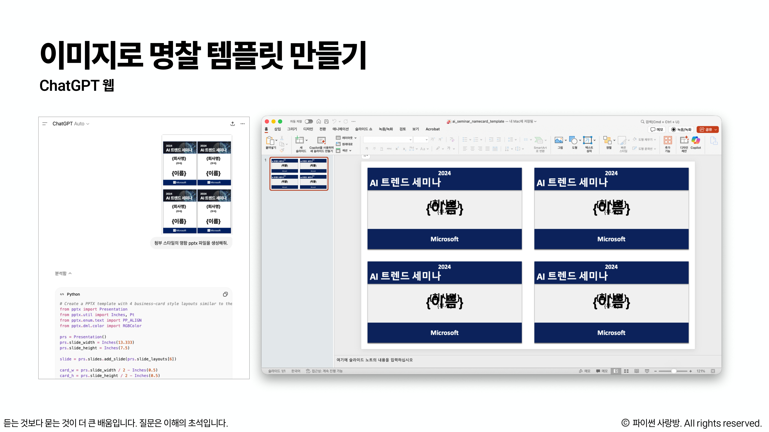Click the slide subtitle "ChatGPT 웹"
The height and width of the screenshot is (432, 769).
pyautogui.click(x=77, y=86)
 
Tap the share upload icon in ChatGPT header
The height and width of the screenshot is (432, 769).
pyautogui.click(x=233, y=124)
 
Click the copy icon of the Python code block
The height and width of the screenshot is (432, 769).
pyautogui.click(x=225, y=294)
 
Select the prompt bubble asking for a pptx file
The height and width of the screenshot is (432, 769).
pyautogui.click(x=191, y=243)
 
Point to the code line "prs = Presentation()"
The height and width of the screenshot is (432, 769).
pyautogui.click(x=83, y=337)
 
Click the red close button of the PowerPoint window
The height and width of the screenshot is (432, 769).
pyautogui.click(x=267, y=121)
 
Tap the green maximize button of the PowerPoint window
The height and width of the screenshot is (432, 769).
pyautogui.click(x=280, y=121)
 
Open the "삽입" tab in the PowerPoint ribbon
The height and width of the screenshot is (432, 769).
pyautogui.click(x=278, y=129)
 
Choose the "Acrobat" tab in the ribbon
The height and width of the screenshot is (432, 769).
pyautogui.click(x=432, y=129)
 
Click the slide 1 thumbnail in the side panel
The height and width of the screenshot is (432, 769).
pyautogui.click(x=299, y=174)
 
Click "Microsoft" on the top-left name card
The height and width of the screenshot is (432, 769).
pyautogui.click(x=444, y=239)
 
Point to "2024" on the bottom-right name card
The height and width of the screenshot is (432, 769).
pyautogui.click(x=611, y=267)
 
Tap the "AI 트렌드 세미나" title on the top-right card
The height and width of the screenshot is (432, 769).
pyautogui.click(x=572, y=182)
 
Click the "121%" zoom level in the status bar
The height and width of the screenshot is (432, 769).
pyautogui.click(x=701, y=371)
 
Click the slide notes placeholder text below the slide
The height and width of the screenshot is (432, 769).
pyautogui.click(x=375, y=360)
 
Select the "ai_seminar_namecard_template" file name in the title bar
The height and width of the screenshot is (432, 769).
pyautogui.click(x=478, y=121)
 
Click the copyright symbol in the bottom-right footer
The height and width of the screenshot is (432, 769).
pyautogui.click(x=625, y=423)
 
